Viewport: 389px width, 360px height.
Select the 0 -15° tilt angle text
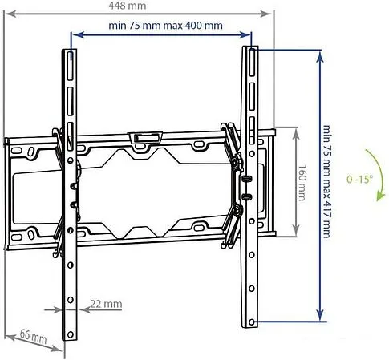tap(361, 180)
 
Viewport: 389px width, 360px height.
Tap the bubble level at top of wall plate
tap(144, 137)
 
